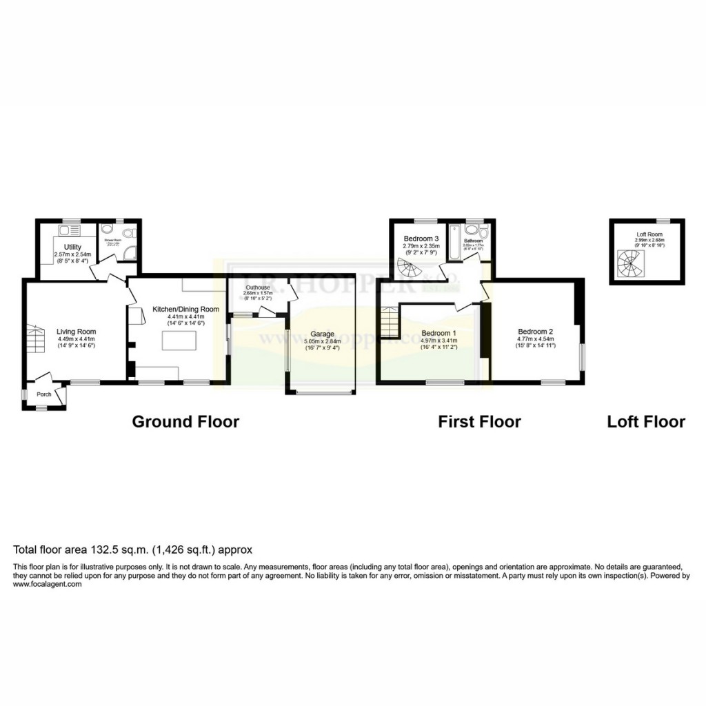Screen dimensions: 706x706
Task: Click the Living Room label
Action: click(x=76, y=332)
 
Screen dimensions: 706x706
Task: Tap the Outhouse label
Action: click(x=256, y=288)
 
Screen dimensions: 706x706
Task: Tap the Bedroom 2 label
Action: click(x=534, y=331)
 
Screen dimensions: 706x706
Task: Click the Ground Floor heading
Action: click(x=185, y=421)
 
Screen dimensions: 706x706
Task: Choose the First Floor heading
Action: click(x=479, y=421)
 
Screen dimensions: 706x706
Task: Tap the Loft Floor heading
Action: click(x=646, y=421)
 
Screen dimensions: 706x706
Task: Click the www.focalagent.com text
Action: click(x=48, y=584)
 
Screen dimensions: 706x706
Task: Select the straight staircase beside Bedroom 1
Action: click(x=390, y=322)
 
